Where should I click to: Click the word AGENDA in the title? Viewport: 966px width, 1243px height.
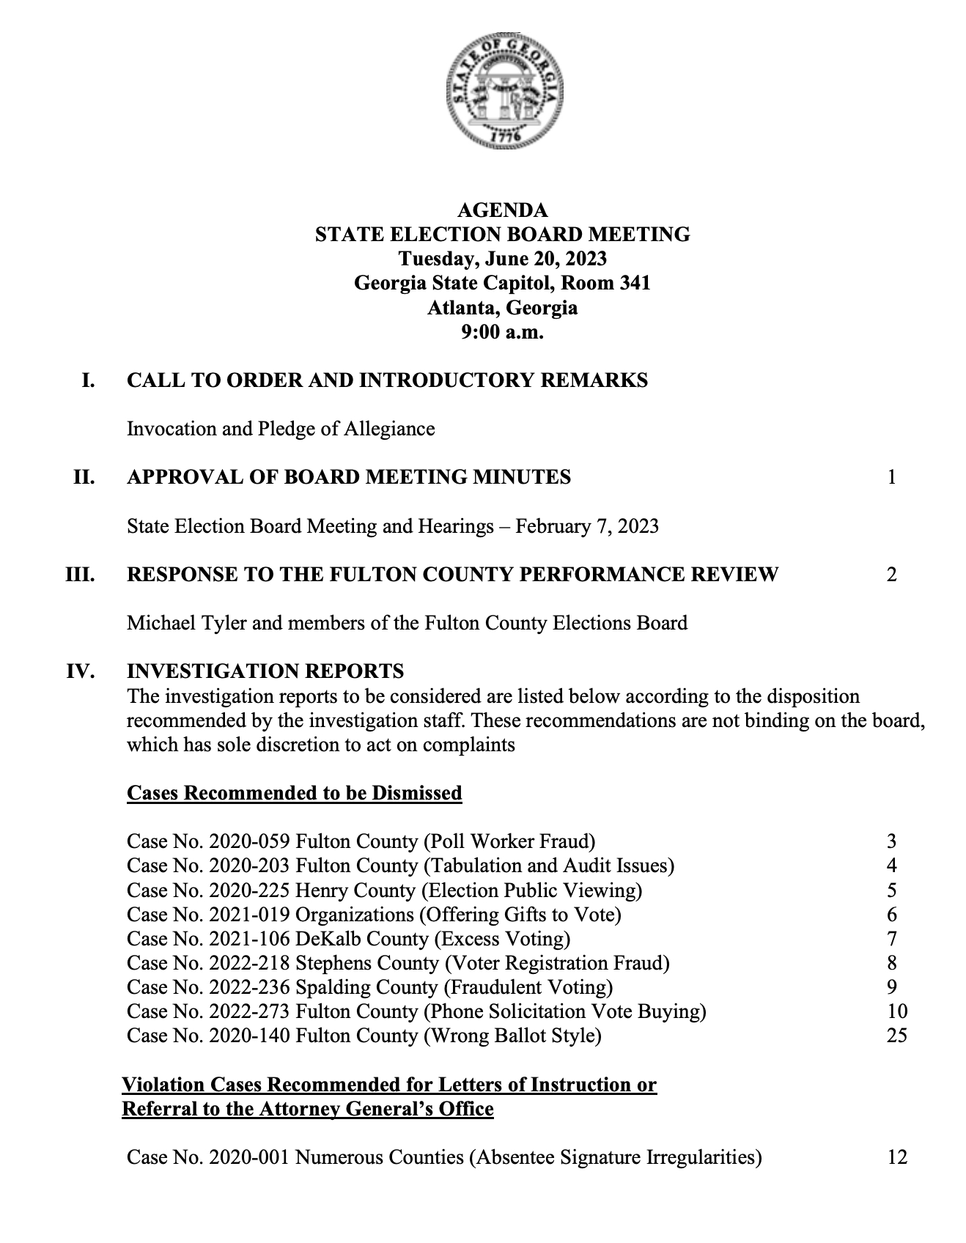[x=502, y=210]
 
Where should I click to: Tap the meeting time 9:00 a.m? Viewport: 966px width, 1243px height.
[x=502, y=332]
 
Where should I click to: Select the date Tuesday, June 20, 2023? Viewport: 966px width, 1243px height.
[x=502, y=259]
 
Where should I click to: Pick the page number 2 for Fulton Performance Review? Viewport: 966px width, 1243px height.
[x=891, y=574]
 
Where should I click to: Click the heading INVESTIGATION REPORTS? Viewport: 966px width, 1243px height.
[x=265, y=671]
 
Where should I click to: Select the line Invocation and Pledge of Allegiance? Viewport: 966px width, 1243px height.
[x=281, y=429]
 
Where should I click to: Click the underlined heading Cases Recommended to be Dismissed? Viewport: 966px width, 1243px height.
[x=295, y=793]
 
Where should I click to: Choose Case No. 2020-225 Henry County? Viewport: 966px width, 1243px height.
[x=384, y=890]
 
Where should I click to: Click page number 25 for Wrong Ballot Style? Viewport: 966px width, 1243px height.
[x=896, y=1036]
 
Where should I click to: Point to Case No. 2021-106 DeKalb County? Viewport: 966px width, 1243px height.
[x=348, y=939]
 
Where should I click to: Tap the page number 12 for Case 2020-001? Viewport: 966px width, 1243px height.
[x=896, y=1157]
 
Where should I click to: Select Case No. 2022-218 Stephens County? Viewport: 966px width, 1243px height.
[x=398, y=963]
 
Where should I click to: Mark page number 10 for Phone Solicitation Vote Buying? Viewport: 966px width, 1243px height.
[x=896, y=1011]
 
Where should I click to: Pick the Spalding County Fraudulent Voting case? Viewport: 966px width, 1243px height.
[x=369, y=987]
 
